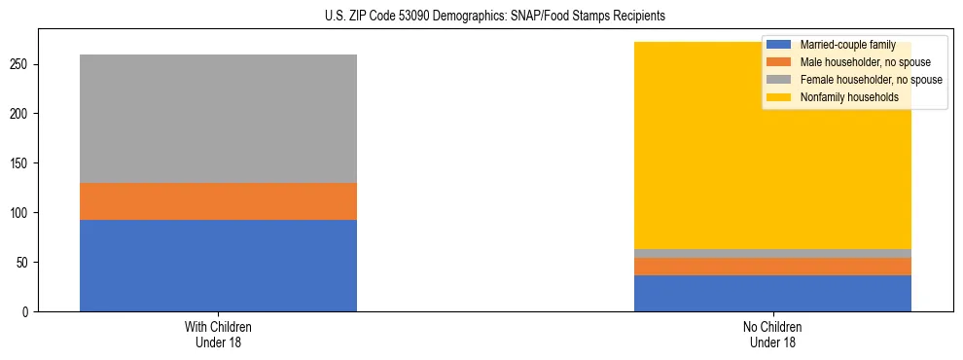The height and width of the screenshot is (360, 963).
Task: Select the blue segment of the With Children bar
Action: tap(218, 266)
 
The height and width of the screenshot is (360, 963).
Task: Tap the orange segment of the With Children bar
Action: tap(218, 201)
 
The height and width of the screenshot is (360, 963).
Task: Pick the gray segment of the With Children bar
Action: tap(218, 119)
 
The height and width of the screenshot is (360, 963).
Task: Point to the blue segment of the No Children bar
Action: tap(772, 293)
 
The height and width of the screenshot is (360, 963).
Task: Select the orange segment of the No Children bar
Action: tap(772, 267)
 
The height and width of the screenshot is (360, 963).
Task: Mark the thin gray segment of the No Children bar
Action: tap(772, 253)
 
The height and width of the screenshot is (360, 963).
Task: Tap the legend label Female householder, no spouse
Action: tap(870, 80)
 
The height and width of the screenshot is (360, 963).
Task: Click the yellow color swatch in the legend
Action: tap(779, 97)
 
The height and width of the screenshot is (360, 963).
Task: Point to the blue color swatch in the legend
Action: tap(779, 45)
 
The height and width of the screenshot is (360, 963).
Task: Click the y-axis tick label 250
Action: tap(21, 64)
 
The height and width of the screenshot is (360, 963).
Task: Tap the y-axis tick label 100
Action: tap(21, 213)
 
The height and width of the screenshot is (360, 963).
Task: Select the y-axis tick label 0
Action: tap(27, 312)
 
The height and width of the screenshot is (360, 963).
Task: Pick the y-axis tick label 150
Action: tap(21, 163)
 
